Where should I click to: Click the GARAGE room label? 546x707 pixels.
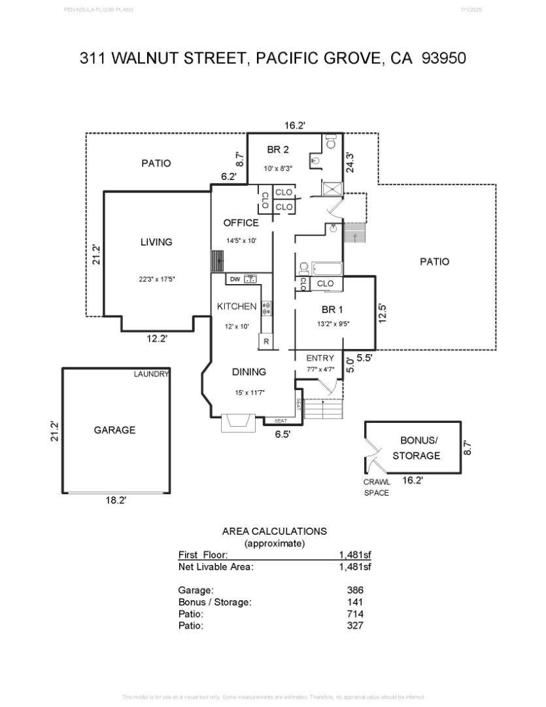click(114, 430)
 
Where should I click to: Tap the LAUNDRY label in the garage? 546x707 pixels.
click(151, 374)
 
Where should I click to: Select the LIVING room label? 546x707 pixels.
click(156, 242)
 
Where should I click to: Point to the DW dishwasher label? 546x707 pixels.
click(235, 280)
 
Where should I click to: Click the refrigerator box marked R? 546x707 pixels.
click(266, 341)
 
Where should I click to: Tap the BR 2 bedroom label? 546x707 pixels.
click(278, 150)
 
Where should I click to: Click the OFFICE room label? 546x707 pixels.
click(241, 223)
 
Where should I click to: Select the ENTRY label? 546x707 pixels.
click(320, 358)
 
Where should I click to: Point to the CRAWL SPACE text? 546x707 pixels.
click(377, 487)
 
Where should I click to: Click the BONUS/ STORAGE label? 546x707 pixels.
click(418, 448)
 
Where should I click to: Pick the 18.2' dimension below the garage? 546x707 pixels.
click(116, 500)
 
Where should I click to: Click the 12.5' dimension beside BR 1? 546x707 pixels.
click(383, 312)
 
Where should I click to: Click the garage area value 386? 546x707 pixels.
click(355, 590)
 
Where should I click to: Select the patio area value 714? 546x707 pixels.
click(355, 613)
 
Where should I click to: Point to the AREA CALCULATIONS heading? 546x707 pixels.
click(275, 532)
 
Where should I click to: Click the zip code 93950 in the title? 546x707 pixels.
click(444, 58)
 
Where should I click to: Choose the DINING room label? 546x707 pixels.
click(249, 372)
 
